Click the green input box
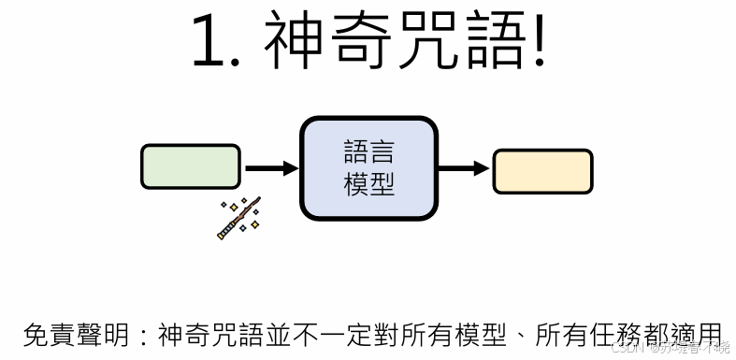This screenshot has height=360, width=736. coord(191,167)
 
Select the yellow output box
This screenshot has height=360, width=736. coord(542,171)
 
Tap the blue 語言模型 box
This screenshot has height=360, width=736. coord(368,168)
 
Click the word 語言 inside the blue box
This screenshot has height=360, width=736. coord(368,153)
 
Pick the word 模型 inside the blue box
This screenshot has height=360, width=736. coord(368,185)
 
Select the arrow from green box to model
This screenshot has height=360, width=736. coord(270,168)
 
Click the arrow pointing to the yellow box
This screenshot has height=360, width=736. coord(464,169)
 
